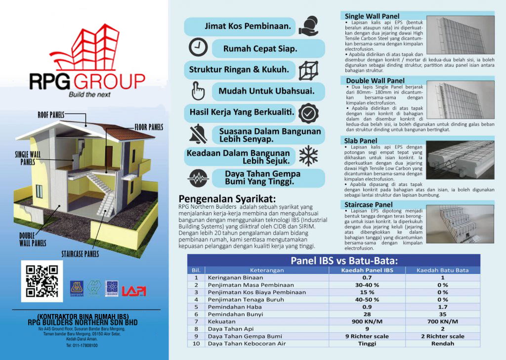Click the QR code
[42, 281]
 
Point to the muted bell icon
[197, 133]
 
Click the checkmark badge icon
[308, 113]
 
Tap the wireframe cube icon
[309, 69]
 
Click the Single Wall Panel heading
[372, 16]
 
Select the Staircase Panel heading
[369, 204]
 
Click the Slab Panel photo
[460, 159]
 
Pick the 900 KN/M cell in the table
[368, 320]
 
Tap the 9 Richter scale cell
[368, 336]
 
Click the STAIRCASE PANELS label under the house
[80, 254]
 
